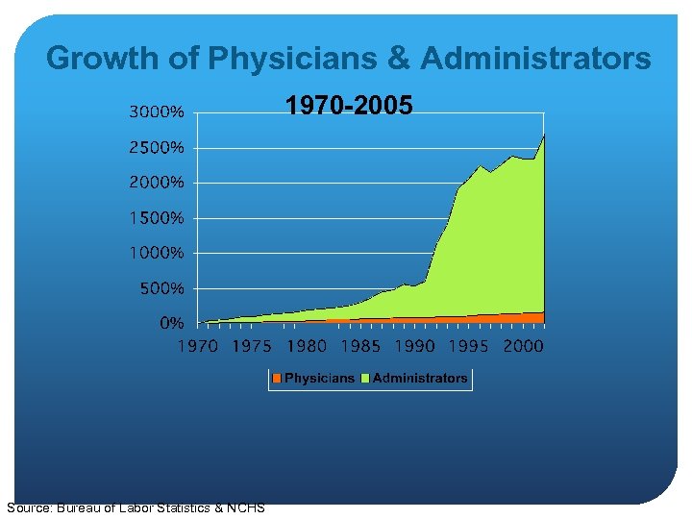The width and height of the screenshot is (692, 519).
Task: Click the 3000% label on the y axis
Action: (157, 112)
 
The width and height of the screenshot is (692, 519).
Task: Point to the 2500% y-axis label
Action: (157, 148)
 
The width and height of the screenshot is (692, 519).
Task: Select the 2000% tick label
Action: (157, 183)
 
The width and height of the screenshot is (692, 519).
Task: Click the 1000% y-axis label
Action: (158, 254)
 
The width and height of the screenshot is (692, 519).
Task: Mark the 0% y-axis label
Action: (172, 324)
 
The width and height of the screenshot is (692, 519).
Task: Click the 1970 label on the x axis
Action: (198, 346)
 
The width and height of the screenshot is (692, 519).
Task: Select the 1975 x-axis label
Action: (253, 346)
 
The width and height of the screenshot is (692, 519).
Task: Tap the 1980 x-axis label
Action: (308, 346)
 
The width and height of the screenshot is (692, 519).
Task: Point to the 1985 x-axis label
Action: (361, 346)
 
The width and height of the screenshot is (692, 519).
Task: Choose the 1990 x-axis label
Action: (416, 346)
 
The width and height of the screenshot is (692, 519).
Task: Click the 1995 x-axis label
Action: (471, 346)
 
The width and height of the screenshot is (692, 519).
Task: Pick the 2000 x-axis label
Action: (524, 346)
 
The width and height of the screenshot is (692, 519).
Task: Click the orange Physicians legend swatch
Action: (277, 379)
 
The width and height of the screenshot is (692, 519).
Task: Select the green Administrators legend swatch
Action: (366, 379)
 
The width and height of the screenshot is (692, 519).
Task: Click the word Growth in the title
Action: (102, 59)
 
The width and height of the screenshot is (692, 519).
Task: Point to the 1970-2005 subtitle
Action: (350, 105)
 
